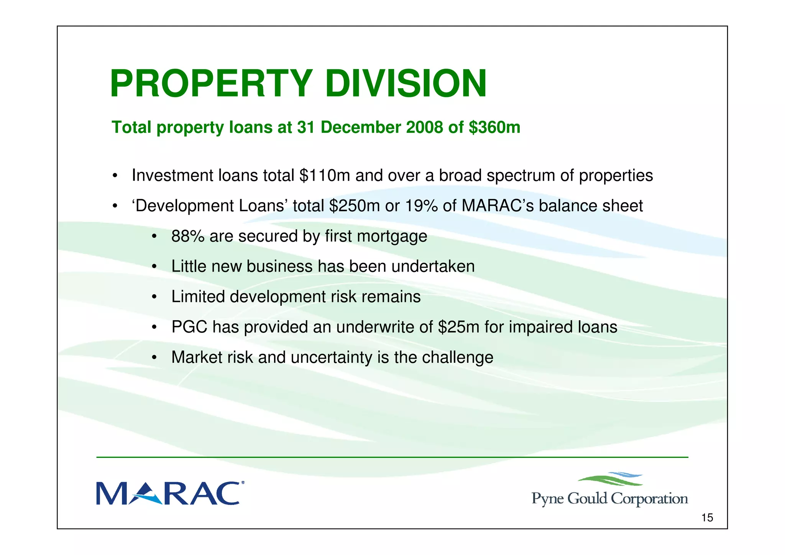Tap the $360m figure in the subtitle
point(494,127)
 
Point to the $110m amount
point(325,176)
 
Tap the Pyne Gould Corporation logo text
point(609,499)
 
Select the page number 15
point(707,518)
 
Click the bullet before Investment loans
point(115,176)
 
